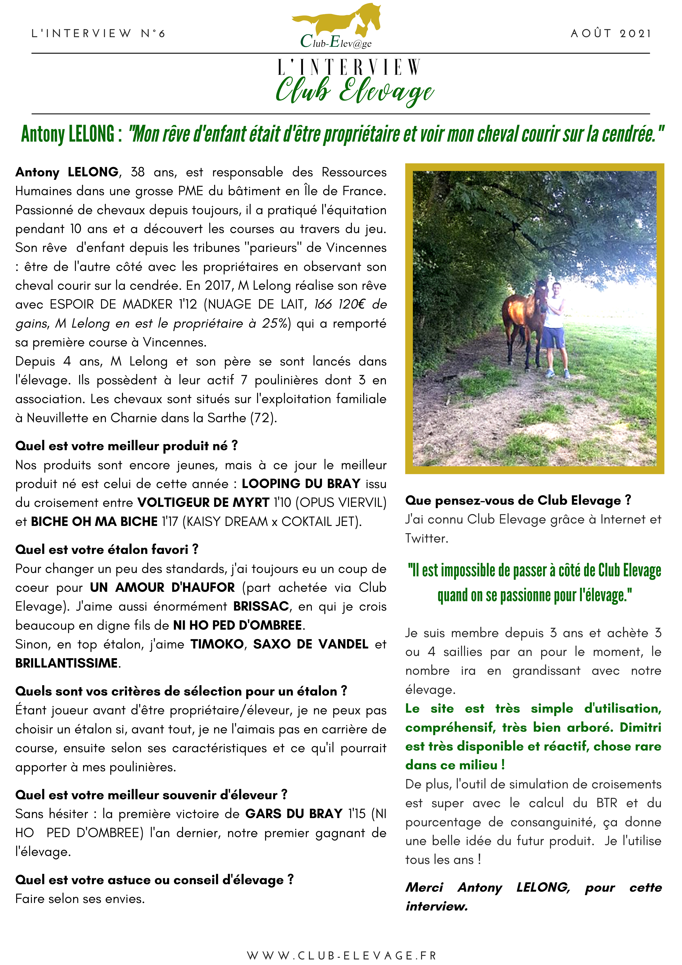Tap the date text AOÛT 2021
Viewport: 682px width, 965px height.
tap(611, 34)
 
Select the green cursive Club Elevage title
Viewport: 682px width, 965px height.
tap(354, 90)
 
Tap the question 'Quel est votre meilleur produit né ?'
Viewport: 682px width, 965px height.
tap(126, 446)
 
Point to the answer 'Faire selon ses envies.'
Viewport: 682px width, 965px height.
tap(80, 899)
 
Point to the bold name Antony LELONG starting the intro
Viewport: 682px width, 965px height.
tap(67, 172)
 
